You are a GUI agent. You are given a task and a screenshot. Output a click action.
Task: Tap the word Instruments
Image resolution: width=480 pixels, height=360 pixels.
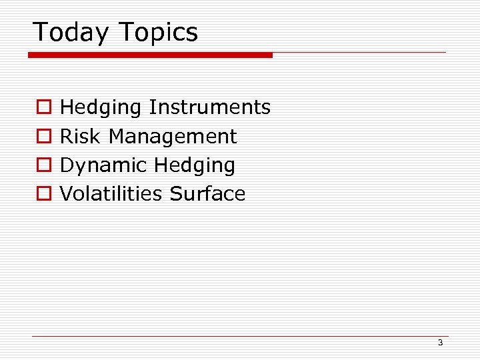209,107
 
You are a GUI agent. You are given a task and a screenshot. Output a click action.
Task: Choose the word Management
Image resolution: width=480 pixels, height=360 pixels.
173,137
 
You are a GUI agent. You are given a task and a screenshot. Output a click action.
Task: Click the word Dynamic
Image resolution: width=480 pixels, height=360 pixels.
103,165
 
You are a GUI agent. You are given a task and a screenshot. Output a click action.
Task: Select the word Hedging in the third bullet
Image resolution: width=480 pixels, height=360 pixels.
195,165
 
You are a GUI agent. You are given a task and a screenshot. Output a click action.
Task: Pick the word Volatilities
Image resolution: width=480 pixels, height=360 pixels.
111,194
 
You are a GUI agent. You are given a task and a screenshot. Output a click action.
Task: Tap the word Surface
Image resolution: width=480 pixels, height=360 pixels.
207,194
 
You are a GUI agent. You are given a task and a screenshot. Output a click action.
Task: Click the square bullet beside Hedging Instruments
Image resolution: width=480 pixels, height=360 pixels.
44,107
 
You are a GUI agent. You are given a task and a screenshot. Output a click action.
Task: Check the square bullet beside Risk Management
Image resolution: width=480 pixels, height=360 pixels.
44,137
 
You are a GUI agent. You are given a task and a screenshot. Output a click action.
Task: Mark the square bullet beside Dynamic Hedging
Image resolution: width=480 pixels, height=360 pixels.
44,165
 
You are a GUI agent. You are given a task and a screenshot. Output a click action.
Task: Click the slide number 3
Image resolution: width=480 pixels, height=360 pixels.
440,343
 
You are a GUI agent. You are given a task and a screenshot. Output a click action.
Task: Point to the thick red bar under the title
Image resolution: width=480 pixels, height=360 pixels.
151,55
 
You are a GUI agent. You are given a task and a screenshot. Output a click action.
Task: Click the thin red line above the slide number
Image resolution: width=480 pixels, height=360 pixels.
240,336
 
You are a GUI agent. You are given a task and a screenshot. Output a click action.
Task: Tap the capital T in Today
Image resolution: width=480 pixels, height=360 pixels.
40,32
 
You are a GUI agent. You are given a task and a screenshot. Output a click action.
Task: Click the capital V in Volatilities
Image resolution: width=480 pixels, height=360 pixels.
66,194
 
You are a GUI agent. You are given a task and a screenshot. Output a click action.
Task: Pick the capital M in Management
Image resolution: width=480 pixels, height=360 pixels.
117,136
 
